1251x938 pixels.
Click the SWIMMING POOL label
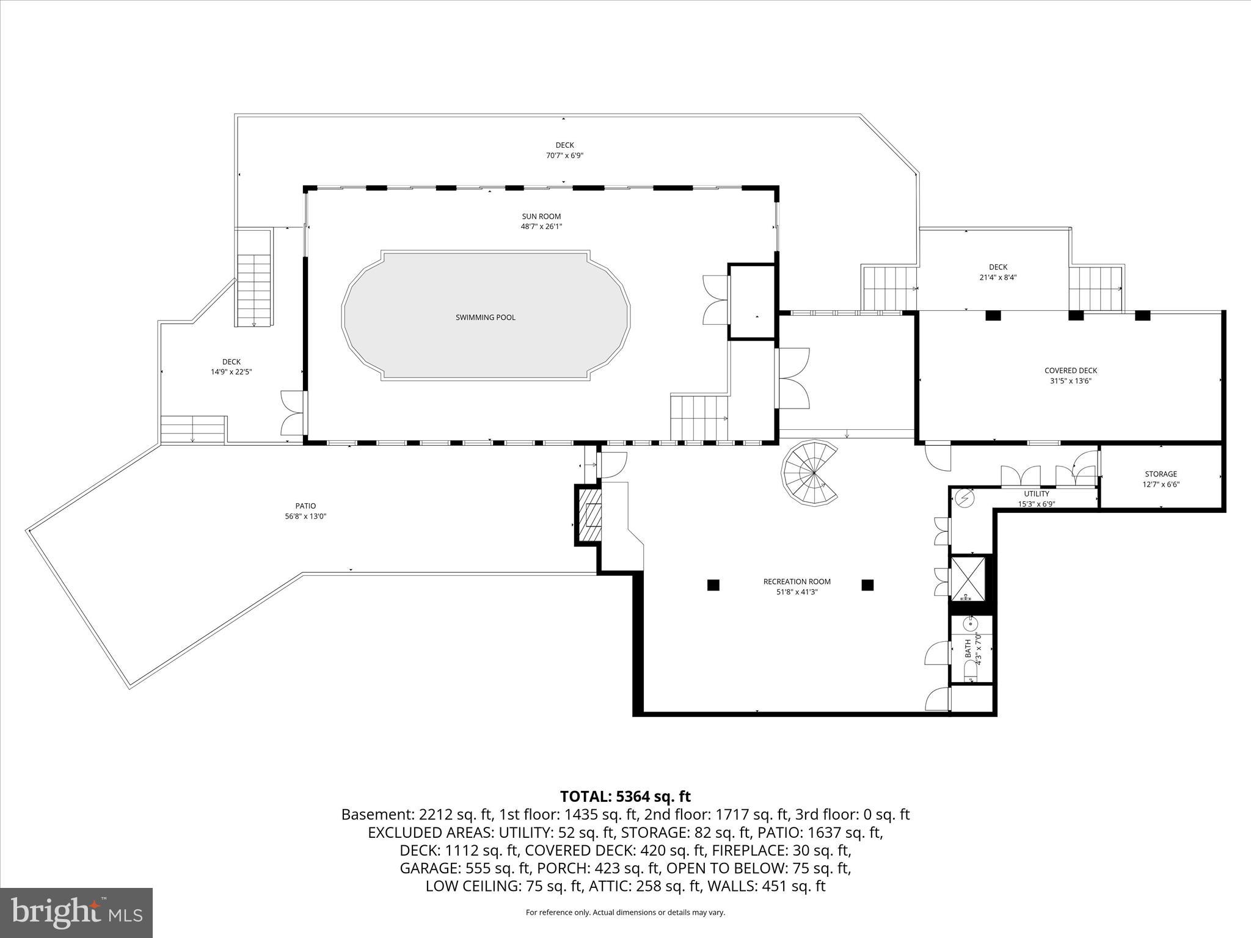click(485, 318)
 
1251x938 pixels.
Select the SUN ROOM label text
click(541, 216)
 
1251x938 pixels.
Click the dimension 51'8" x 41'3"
click(797, 592)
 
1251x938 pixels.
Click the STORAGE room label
click(1161, 474)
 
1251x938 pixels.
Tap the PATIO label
click(305, 506)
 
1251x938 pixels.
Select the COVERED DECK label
click(1071, 371)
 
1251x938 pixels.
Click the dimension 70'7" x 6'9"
click(564, 156)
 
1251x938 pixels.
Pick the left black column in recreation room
click(713, 585)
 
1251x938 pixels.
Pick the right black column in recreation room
click(867, 585)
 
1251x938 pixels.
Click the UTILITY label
click(1037, 494)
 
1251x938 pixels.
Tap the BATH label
click(968, 649)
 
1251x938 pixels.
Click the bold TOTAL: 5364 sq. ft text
click(625, 796)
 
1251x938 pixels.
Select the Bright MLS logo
click(76, 912)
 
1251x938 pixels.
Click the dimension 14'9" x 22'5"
click(231, 371)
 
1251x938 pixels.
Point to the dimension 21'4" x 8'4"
click(998, 277)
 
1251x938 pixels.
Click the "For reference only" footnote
click(625, 912)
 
